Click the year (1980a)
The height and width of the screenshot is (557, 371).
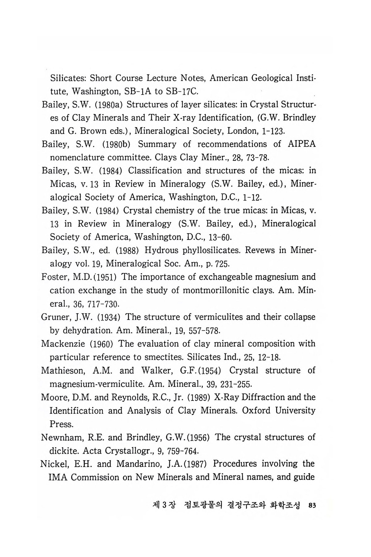coord(108,105)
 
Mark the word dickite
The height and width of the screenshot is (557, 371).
coord(65,451)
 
